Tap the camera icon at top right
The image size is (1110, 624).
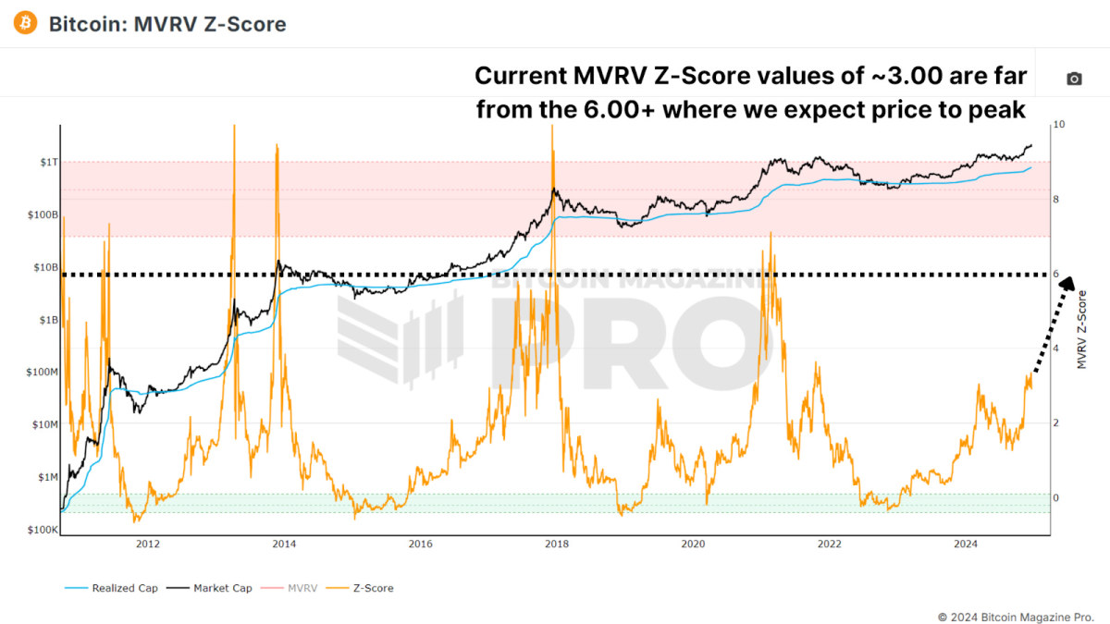click(1074, 80)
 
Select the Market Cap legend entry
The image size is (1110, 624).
click(217, 588)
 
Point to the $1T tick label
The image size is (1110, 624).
click(47, 163)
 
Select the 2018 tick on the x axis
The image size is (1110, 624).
click(556, 544)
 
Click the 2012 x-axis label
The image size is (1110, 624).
click(148, 544)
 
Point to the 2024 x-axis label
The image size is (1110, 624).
click(965, 544)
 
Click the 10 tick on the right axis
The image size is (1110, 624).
click(1060, 125)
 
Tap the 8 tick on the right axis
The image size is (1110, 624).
click(1058, 200)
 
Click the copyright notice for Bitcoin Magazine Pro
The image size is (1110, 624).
click(1016, 616)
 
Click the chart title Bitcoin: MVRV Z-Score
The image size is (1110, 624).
click(167, 24)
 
